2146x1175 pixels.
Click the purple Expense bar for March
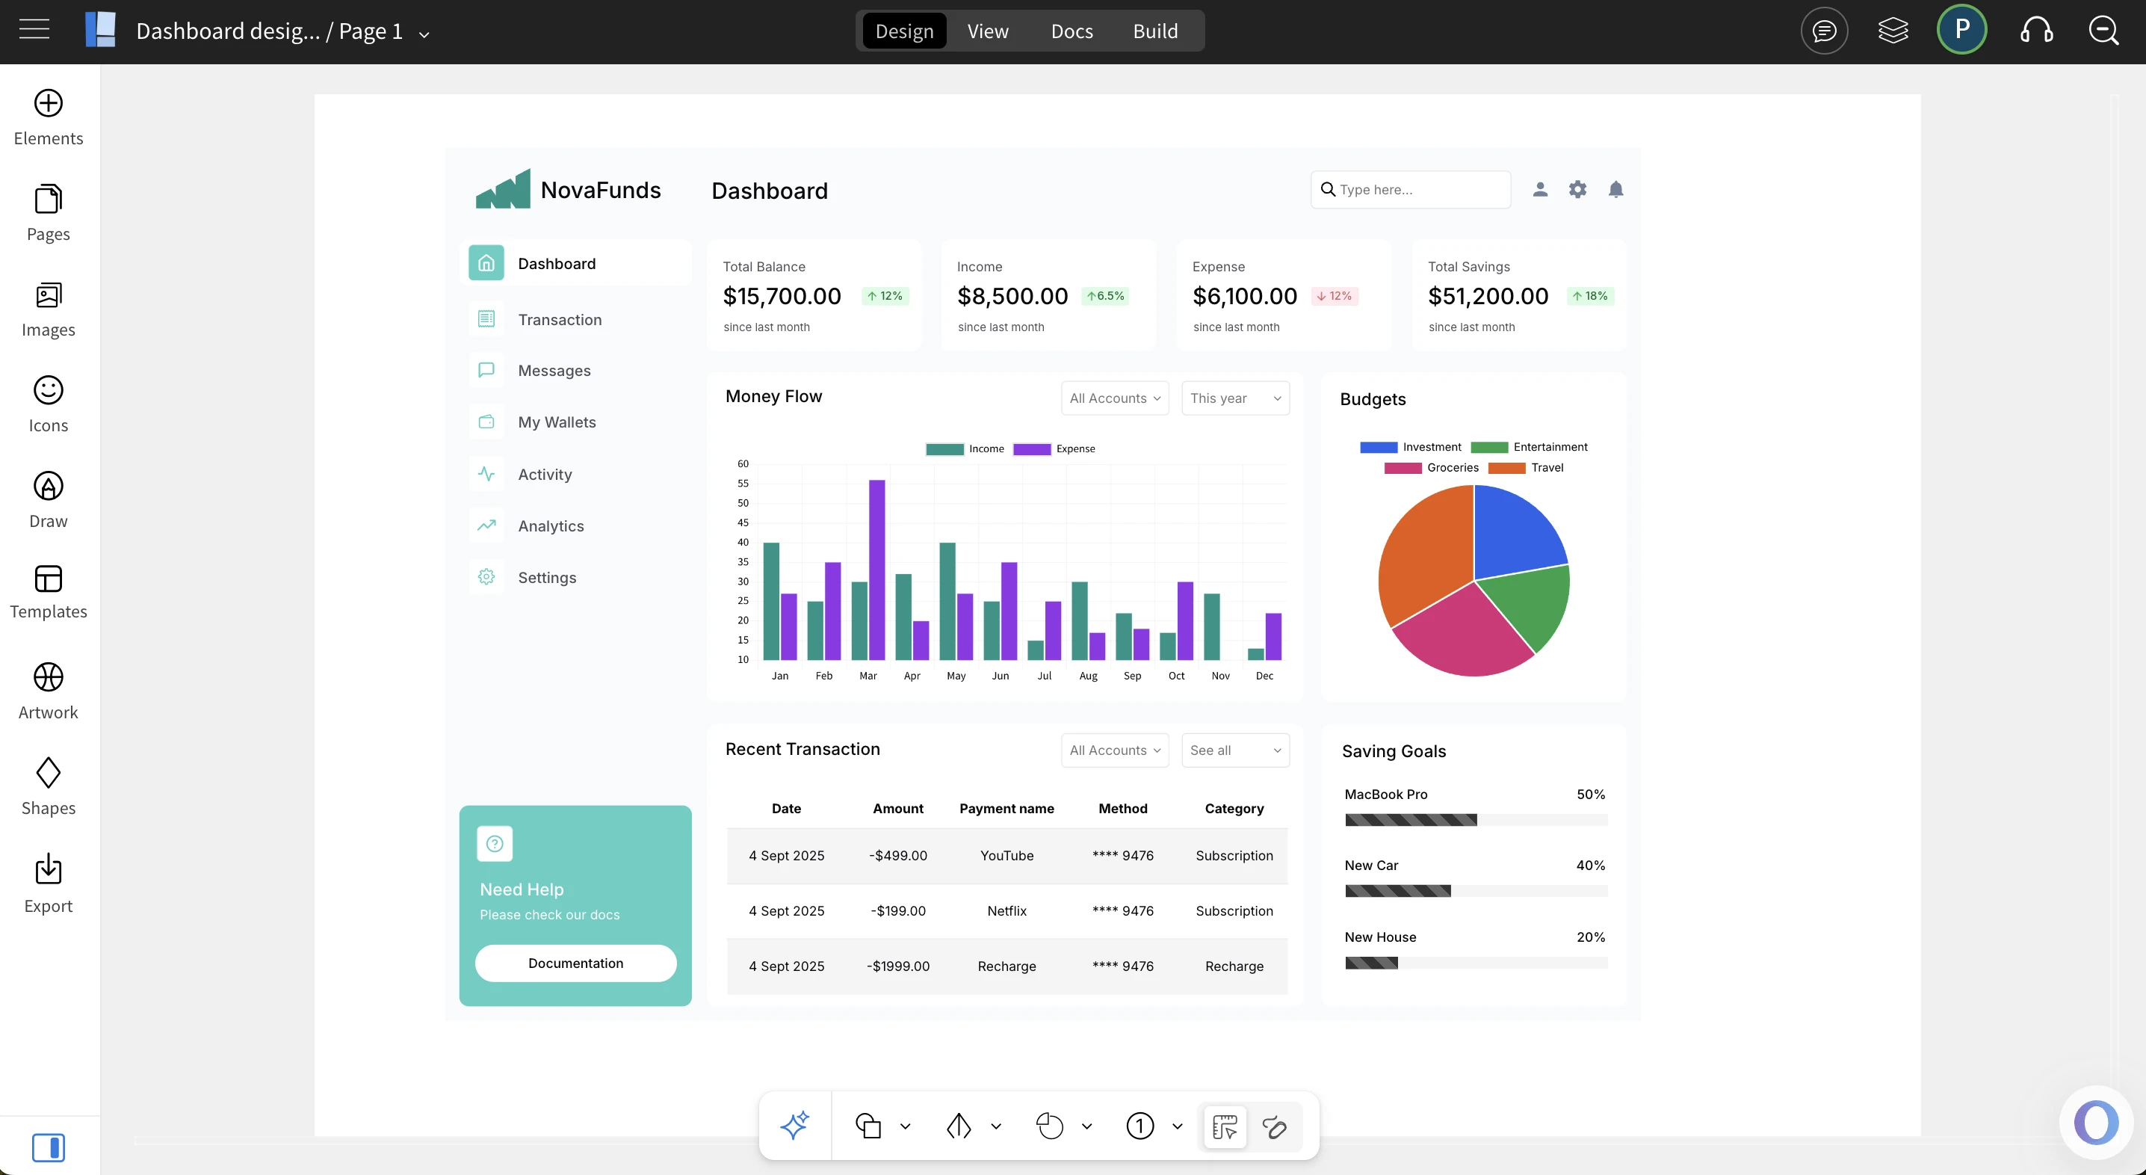click(876, 570)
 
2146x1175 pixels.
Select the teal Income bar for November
click(1211, 626)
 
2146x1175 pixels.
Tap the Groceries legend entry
click(1452, 467)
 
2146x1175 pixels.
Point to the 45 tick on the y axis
click(742, 522)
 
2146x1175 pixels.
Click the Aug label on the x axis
click(1088, 676)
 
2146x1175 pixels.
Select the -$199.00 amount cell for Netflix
click(898, 911)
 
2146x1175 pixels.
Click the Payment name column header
click(1006, 808)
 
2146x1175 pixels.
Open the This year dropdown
click(1234, 398)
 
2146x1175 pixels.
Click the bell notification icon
click(1615, 190)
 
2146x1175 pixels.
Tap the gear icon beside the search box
click(1577, 190)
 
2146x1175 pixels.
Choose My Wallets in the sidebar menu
click(557, 422)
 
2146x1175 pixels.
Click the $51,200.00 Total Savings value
click(1488, 296)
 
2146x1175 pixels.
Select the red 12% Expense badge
click(1335, 296)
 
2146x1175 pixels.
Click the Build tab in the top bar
click(1154, 31)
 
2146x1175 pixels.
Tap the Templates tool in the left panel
click(49, 593)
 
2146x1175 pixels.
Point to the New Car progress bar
click(1475, 891)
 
